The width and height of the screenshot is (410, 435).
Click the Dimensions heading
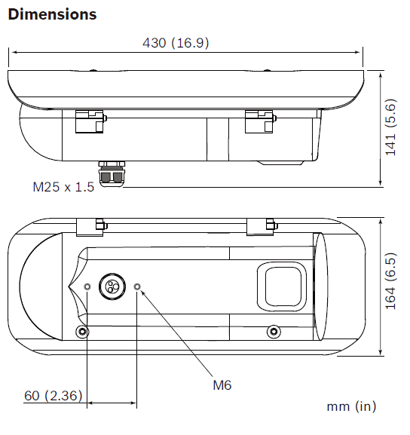pos(52,14)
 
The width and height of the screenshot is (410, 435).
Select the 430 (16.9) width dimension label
pos(176,43)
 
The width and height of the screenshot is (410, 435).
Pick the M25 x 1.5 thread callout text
pos(63,186)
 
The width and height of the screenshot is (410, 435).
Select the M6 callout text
pos(221,385)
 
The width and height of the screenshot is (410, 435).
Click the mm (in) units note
pos(350,406)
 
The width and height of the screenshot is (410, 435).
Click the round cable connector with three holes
pos(112,286)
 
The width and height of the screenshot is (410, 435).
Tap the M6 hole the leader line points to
pos(137,286)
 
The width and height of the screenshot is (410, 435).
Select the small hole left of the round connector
pos(88,286)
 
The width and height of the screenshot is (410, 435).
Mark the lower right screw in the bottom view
pos(272,332)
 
